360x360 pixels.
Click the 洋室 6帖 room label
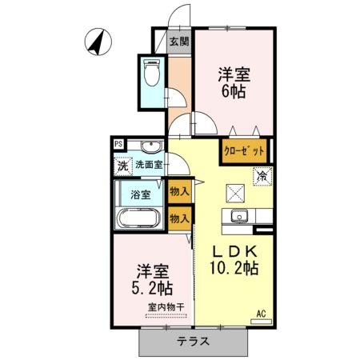pyautogui.click(x=235, y=83)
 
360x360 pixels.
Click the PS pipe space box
pyautogui.click(x=118, y=145)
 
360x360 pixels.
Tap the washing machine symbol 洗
pyautogui.click(x=122, y=167)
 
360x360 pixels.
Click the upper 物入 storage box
pyautogui.click(x=180, y=191)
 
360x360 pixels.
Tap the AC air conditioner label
pyautogui.click(x=261, y=314)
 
